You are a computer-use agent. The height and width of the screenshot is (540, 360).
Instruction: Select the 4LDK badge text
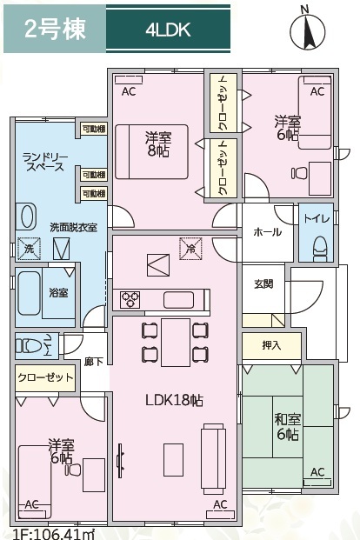169,31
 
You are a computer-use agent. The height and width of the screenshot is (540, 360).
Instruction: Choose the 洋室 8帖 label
157,143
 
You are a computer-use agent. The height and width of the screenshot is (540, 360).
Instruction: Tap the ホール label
267,232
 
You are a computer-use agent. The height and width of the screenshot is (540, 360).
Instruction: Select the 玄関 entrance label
263,283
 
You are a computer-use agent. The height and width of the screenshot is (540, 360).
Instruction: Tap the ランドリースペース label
43,161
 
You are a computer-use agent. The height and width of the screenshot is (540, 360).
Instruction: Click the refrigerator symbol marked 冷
192,250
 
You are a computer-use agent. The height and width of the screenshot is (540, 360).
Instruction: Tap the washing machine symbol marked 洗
29,249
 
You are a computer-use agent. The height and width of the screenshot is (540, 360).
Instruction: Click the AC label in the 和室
317,472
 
